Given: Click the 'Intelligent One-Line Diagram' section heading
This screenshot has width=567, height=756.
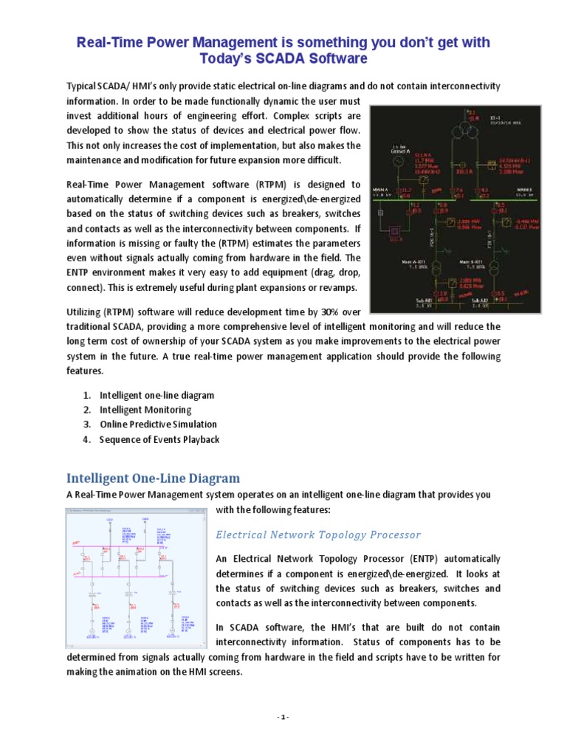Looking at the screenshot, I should click(154, 477).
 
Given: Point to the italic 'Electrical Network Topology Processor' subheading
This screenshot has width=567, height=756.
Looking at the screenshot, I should click(318, 535).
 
